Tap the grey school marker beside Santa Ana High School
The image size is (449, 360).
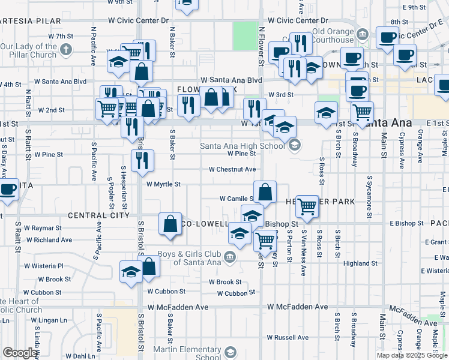pos(294,145)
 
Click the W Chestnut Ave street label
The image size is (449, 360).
pos(232,170)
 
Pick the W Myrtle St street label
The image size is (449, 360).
pos(163,185)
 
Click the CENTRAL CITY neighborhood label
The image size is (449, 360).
pos(98,215)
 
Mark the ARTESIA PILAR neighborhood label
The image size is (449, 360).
pos(31,21)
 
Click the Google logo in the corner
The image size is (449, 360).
pos(20,353)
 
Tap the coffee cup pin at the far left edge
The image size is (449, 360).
pos(7,190)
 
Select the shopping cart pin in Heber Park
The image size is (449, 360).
pos(307,206)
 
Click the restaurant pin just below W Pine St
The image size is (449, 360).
pos(142,160)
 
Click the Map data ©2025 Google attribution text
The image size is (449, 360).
pos(412,355)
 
